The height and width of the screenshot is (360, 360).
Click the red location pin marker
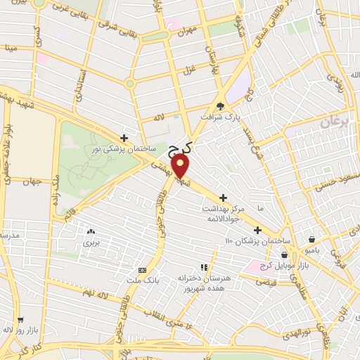point(181,166)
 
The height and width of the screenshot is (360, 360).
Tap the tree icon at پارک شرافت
point(221,106)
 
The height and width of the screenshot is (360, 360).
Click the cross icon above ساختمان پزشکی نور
point(124,139)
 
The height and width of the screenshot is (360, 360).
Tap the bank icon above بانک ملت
point(143,271)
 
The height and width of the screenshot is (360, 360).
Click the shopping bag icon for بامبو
point(312,239)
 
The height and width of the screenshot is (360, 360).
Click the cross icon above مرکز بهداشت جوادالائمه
point(224,198)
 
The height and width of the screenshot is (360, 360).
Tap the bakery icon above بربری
point(90,231)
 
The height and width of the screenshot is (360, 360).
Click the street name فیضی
point(267,281)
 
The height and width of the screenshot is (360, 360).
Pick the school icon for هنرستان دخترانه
point(204,267)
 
